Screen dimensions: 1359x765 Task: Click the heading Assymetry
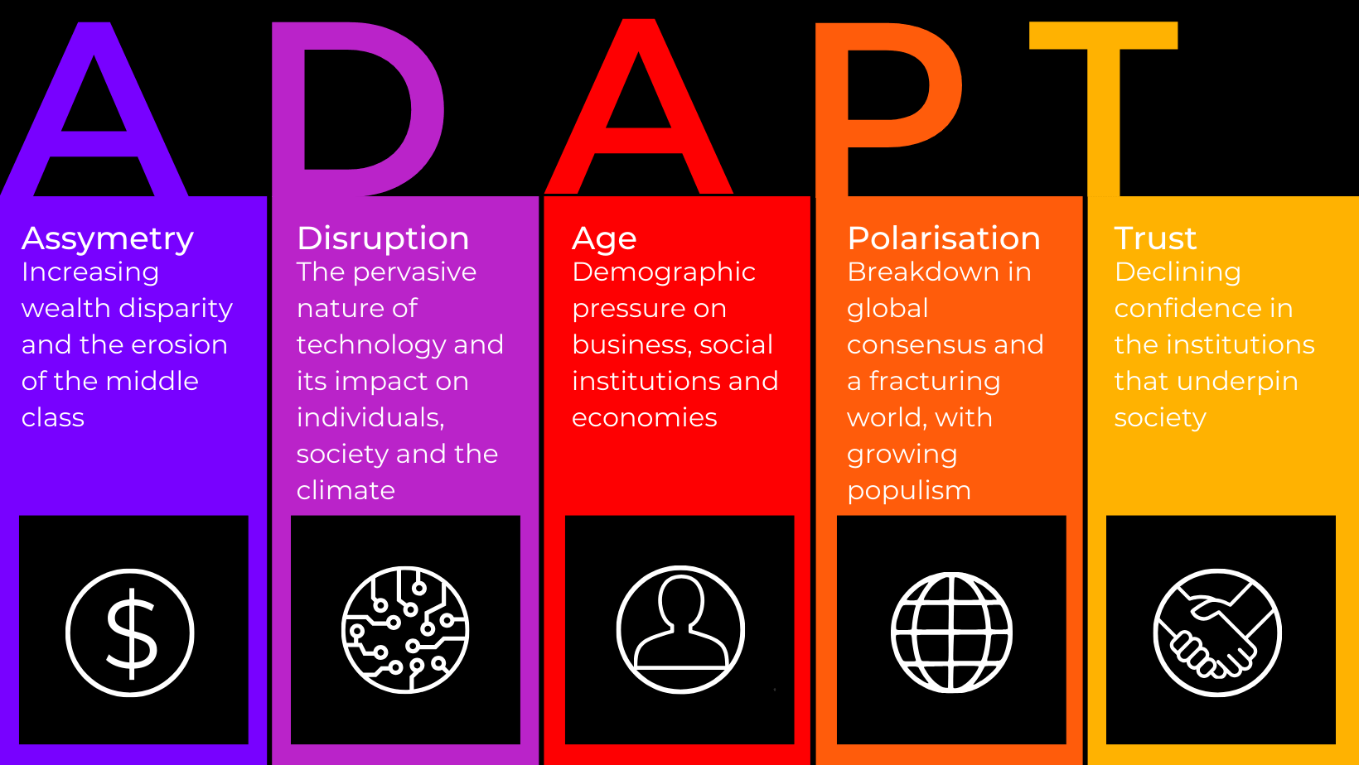click(108, 238)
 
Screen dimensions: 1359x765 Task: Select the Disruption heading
click(383, 238)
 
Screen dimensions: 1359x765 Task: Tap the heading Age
click(604, 239)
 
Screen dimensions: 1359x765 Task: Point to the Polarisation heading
click(944, 238)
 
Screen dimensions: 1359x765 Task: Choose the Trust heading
click(1155, 238)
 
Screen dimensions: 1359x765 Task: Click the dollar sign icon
click(130, 633)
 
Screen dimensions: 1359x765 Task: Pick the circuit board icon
click(405, 630)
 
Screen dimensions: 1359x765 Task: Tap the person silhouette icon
click(680, 630)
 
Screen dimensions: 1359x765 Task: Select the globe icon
click(951, 633)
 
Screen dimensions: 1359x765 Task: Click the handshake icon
click(1217, 633)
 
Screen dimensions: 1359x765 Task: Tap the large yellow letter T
click(1104, 109)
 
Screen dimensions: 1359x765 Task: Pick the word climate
click(346, 490)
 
